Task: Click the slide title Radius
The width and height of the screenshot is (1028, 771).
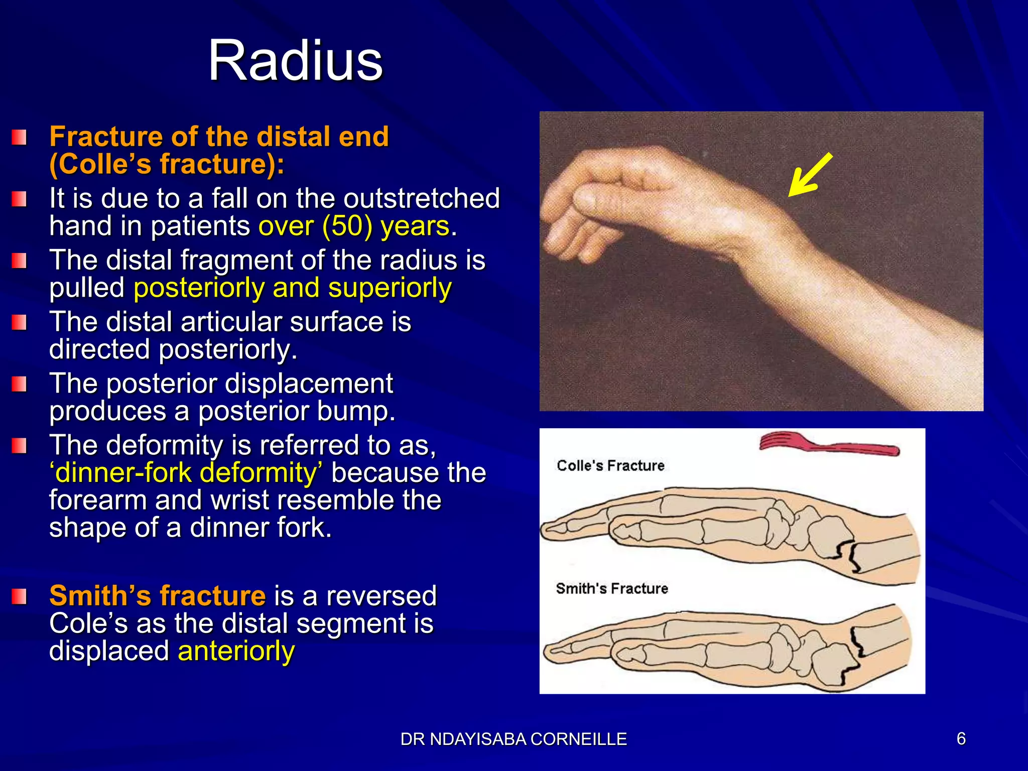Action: tap(295, 61)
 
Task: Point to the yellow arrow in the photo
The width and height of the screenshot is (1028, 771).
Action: tap(809, 175)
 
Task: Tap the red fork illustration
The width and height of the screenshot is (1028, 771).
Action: tap(828, 444)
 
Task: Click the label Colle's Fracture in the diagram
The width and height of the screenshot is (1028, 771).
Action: tap(610, 466)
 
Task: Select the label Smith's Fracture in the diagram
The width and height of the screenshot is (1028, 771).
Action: tap(611, 588)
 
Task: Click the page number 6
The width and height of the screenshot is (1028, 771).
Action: tap(961, 738)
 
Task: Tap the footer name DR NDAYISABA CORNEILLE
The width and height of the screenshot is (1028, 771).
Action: tap(513, 739)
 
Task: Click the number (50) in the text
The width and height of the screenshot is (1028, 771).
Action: tap(347, 226)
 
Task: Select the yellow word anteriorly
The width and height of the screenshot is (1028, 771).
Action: tap(236, 651)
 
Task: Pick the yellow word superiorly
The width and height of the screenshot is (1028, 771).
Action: tap(390, 288)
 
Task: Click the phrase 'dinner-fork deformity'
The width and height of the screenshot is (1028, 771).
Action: tap(186, 473)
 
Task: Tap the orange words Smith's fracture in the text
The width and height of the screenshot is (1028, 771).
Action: tap(157, 596)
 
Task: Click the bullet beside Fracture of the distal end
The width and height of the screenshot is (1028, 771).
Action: tap(19, 137)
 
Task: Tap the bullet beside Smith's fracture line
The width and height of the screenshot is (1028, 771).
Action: tap(19, 597)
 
